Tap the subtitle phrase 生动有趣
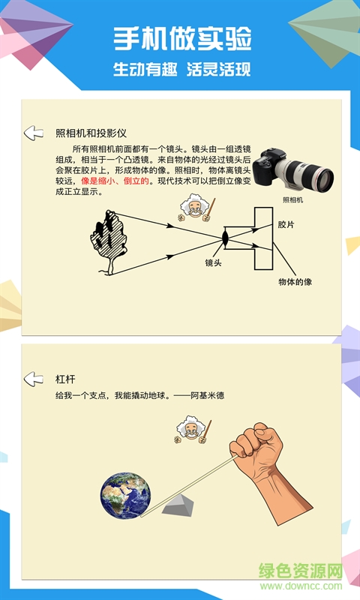coord(145,70)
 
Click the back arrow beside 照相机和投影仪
coord(34,133)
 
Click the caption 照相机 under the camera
coord(292,200)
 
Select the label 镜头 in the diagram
coord(215,263)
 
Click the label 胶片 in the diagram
coord(286,225)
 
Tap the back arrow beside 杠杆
coord(34,379)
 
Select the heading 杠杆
coord(66,379)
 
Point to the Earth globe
coord(126,496)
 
